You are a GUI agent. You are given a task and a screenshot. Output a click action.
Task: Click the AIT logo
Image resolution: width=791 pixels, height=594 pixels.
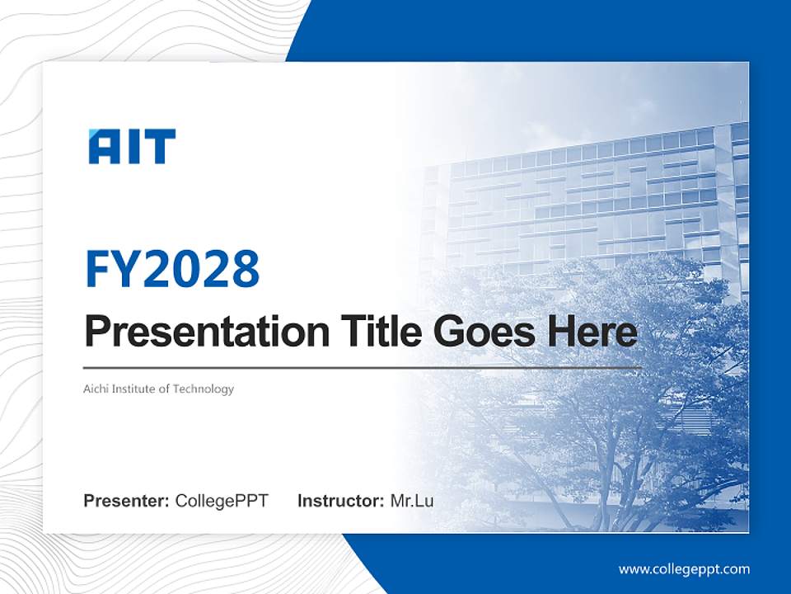(x=132, y=147)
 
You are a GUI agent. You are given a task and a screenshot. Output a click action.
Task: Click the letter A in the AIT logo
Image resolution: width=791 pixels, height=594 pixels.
(x=104, y=147)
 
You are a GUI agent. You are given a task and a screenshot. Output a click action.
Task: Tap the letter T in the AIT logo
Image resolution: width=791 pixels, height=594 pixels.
(x=160, y=147)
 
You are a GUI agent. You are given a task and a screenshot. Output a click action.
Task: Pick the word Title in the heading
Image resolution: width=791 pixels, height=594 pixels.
(x=376, y=332)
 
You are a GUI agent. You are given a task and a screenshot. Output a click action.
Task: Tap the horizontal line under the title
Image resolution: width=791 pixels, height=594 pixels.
(x=363, y=367)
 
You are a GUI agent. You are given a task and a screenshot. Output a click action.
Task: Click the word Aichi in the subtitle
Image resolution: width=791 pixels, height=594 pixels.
(x=96, y=389)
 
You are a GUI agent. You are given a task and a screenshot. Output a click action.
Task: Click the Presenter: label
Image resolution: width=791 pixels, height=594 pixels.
(x=127, y=501)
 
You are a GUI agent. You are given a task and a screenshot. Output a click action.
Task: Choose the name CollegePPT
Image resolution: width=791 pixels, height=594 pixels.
(x=222, y=501)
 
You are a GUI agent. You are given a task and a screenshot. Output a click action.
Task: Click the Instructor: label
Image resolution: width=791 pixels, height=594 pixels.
(x=340, y=501)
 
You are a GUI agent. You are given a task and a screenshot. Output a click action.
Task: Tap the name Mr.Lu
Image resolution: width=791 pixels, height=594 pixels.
(x=412, y=501)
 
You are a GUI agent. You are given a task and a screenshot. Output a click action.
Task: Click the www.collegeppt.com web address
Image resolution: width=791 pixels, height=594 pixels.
(x=684, y=568)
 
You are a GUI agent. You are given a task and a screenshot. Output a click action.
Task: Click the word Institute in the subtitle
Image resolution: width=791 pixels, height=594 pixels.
(x=134, y=389)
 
